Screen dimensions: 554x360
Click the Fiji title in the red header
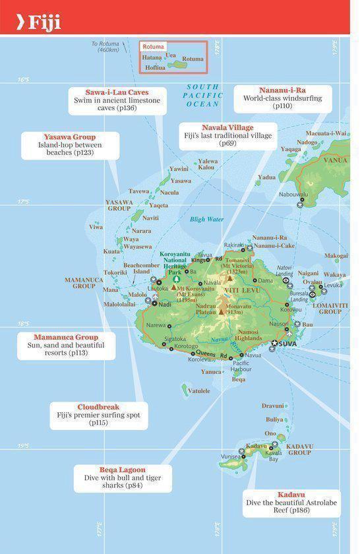(44, 24)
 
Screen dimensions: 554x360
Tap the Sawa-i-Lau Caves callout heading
(117, 92)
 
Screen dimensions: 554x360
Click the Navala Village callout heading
(227, 127)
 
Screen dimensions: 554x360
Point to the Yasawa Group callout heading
(70, 137)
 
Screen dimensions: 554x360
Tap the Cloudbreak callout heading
(98, 407)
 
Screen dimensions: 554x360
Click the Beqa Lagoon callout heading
(123, 470)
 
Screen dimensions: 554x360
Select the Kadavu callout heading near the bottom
(291, 494)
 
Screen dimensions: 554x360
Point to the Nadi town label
(165, 304)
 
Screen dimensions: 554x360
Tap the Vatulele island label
(199, 390)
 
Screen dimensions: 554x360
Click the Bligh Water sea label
(206, 219)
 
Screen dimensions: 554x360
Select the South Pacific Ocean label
(203, 96)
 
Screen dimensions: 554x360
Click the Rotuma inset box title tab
(153, 47)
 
